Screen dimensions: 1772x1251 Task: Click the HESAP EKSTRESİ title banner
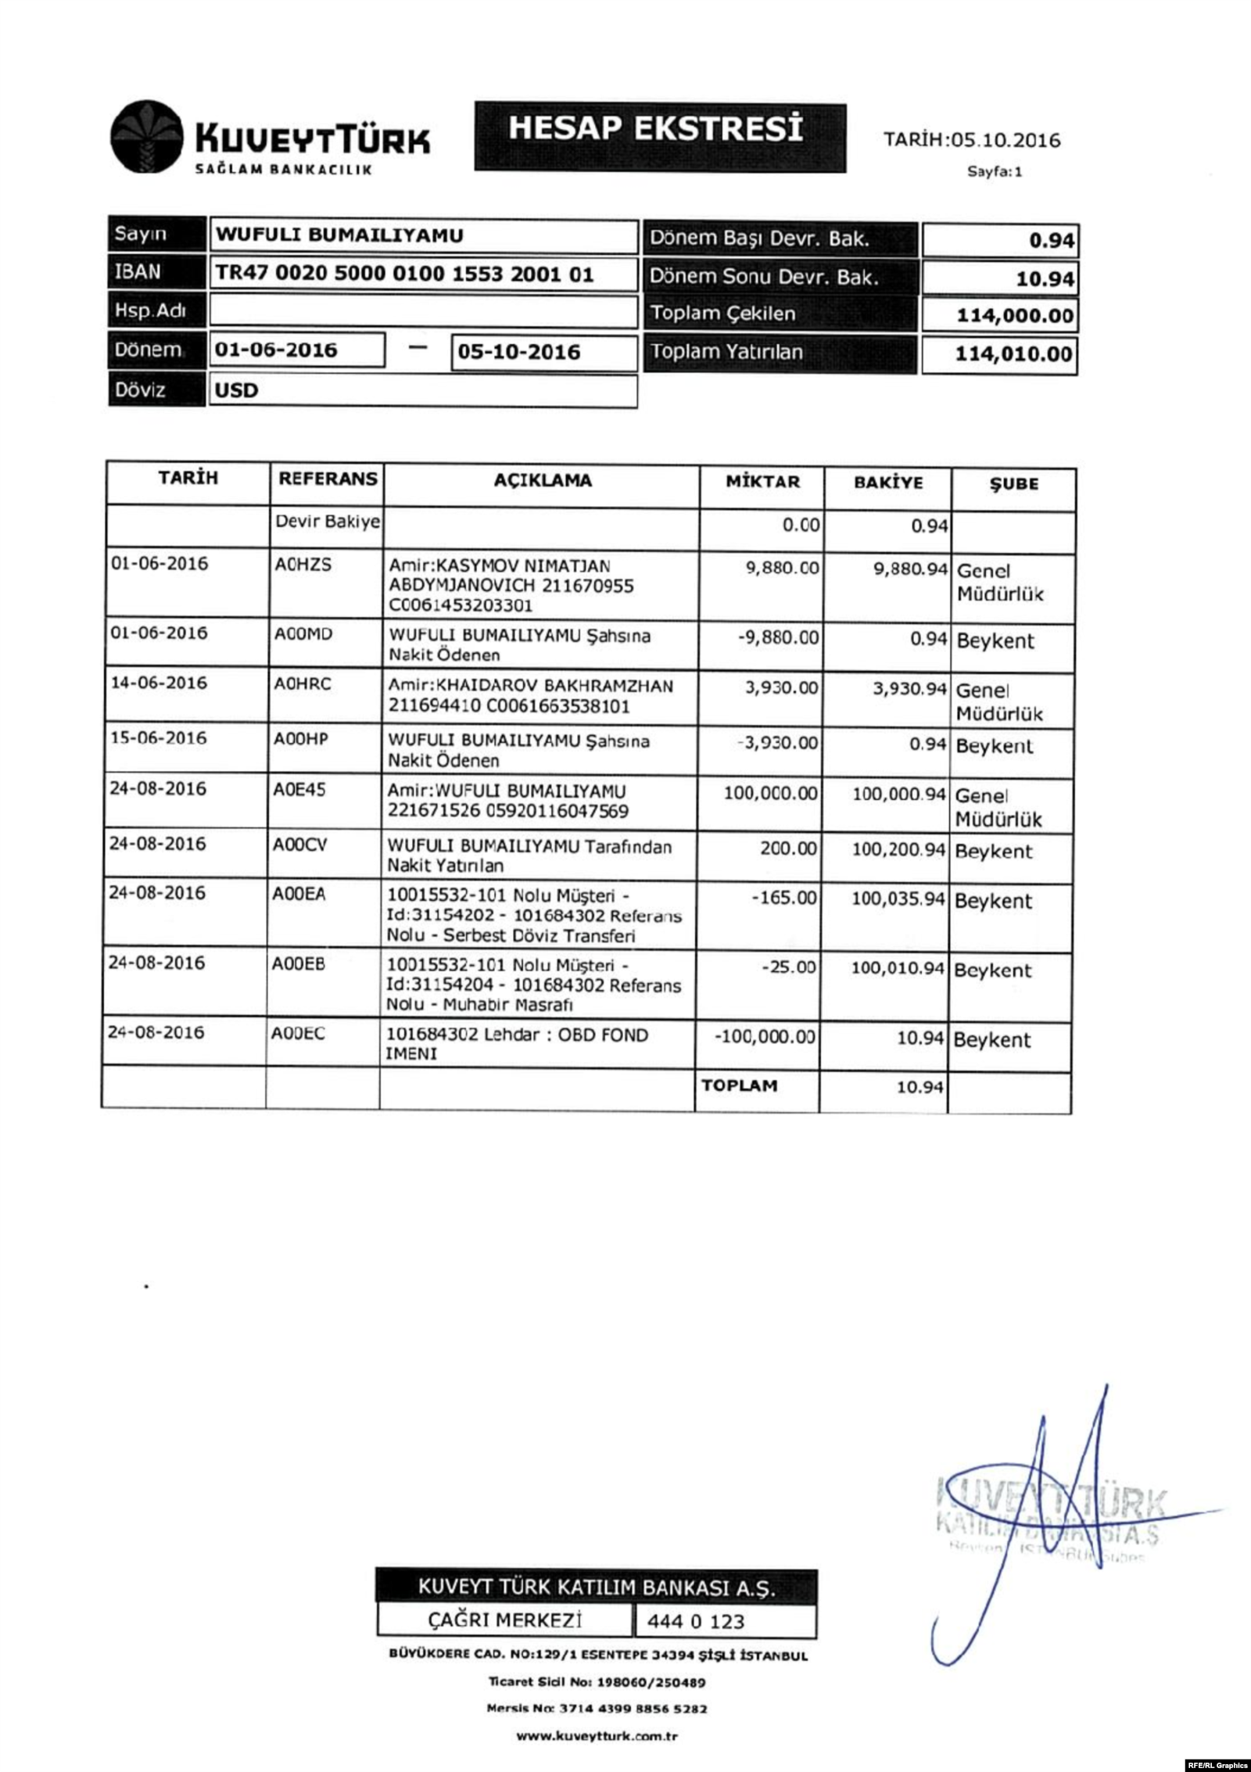tap(659, 134)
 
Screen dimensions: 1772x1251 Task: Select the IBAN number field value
tap(403, 274)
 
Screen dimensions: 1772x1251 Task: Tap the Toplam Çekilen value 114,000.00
tap(1014, 316)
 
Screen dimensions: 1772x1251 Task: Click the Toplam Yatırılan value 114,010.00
tap(1013, 354)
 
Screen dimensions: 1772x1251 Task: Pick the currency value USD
tap(236, 390)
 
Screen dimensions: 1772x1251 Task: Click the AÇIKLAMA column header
tap(542, 480)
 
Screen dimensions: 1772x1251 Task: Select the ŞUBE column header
tap(1014, 484)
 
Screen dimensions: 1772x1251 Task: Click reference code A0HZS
tap(303, 565)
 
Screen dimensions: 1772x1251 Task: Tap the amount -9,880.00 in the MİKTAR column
tap(778, 637)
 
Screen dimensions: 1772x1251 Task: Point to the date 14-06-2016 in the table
tap(159, 683)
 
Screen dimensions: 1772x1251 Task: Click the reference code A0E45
tap(299, 790)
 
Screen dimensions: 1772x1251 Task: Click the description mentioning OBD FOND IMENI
tap(518, 1043)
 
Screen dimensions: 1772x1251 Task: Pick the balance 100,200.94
tap(898, 849)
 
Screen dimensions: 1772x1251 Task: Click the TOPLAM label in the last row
tap(739, 1085)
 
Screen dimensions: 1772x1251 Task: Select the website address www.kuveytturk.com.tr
tap(597, 1736)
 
